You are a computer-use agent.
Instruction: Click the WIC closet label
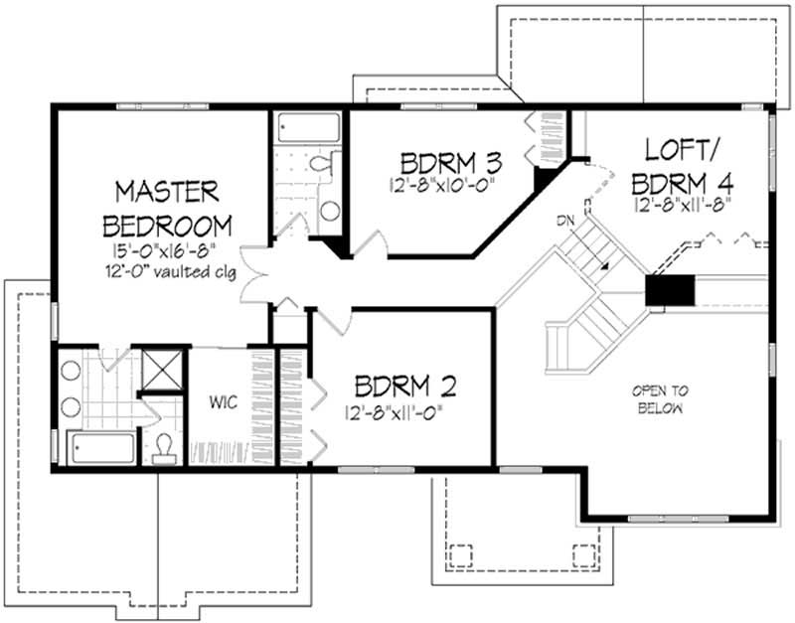(221, 403)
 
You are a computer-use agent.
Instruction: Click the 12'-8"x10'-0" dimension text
(443, 186)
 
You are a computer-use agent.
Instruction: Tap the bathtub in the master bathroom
(101, 447)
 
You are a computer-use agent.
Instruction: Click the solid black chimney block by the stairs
(667, 291)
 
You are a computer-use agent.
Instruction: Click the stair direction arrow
(602, 266)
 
